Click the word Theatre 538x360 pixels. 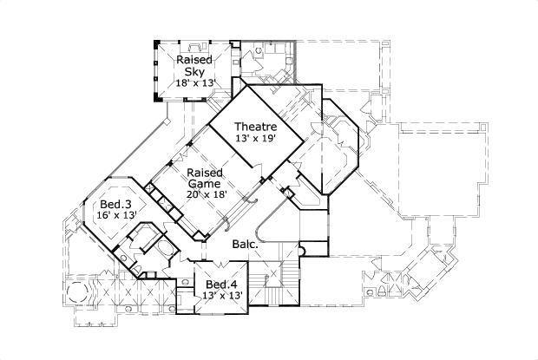[255, 127]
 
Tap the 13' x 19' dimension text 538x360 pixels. [255, 139]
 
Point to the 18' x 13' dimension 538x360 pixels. [196, 83]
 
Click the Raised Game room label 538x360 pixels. [207, 178]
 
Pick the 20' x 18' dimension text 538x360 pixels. [207, 194]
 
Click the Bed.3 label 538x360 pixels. [102, 205]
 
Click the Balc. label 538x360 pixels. [243, 245]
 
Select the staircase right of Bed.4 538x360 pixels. [279, 282]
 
